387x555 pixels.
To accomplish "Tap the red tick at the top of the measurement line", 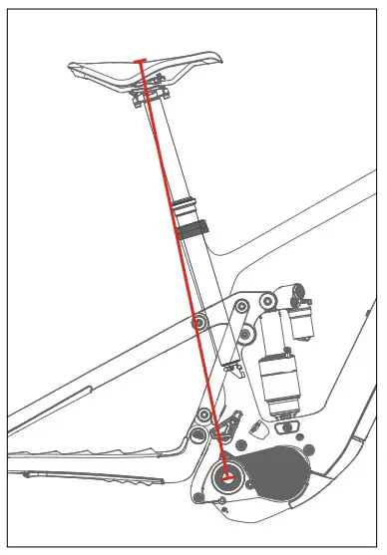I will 143,62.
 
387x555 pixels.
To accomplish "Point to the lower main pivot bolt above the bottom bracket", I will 204,415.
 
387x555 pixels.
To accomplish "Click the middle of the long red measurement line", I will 186,269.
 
